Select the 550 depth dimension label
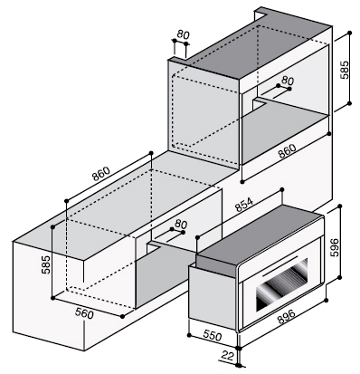pos(213,335)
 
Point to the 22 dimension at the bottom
pos(228,356)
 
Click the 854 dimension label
pos(245,205)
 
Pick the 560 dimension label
pos(84,314)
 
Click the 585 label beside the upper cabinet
pos(345,70)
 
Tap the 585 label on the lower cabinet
pos(46,264)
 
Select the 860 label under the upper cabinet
pos(287,151)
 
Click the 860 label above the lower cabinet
pos(101,174)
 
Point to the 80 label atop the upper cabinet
pos(183,34)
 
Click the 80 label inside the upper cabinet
pos(288,81)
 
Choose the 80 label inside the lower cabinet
pos(181,224)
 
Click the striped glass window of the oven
pos(282,284)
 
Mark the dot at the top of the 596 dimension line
pos(340,206)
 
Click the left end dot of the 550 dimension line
pos(189,335)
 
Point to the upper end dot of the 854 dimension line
pos(282,189)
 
